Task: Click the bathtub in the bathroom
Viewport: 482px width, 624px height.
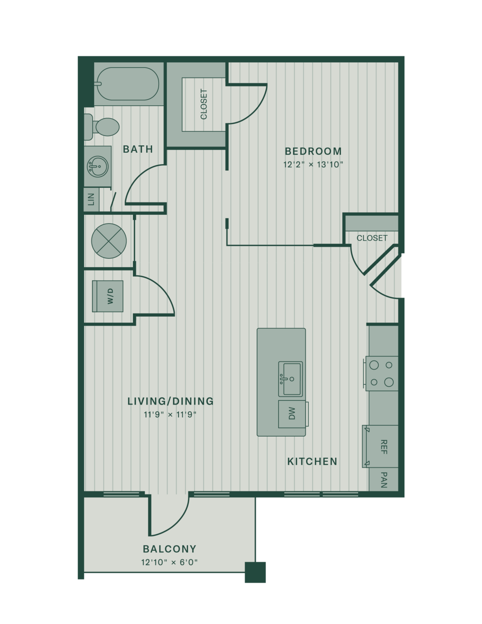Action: point(128,84)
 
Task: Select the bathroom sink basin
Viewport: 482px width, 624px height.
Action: point(98,167)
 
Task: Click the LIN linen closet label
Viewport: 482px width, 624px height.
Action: point(91,199)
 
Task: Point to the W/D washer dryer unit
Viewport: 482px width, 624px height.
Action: point(107,296)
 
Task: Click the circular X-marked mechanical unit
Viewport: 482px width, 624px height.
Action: point(109,241)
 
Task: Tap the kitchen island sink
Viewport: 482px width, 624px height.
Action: point(290,379)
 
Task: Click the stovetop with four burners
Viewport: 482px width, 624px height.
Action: point(382,373)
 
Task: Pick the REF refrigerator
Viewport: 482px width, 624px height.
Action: point(380,446)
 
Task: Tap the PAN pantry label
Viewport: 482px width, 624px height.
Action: point(383,480)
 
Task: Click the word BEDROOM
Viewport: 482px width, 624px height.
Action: point(313,151)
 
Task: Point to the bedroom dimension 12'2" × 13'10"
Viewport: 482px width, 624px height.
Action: point(313,164)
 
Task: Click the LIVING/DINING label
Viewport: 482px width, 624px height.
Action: point(170,401)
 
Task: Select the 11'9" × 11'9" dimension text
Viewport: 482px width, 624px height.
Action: point(170,415)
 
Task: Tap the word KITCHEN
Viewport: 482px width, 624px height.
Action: point(312,461)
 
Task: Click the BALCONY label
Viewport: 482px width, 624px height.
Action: point(170,549)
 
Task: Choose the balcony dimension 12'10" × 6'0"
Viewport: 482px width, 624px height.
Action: point(170,562)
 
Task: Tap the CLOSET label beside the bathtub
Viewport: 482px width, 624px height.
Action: point(204,104)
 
